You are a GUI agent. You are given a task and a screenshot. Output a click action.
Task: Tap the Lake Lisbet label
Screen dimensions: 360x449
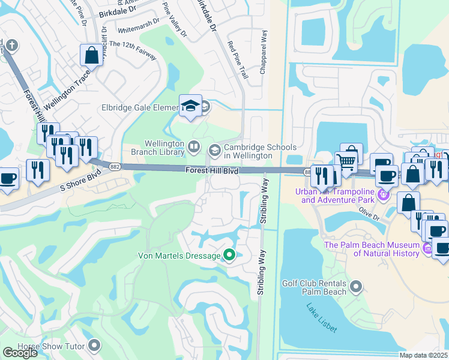point(321,318)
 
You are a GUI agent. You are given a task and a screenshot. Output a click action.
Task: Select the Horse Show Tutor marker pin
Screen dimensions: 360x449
point(94,345)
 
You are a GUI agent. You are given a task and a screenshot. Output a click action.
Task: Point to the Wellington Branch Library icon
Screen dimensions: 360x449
point(194,146)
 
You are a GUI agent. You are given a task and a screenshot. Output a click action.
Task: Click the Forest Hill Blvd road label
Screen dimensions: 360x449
point(211,172)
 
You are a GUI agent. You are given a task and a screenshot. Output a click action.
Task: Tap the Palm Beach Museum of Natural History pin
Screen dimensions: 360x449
point(427,248)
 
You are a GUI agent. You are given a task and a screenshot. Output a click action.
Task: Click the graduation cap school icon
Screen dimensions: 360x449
point(190,106)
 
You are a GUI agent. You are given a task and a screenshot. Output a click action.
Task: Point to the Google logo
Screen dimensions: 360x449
point(20,353)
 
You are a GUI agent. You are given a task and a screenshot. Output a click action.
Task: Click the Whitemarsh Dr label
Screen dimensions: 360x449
point(139,29)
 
